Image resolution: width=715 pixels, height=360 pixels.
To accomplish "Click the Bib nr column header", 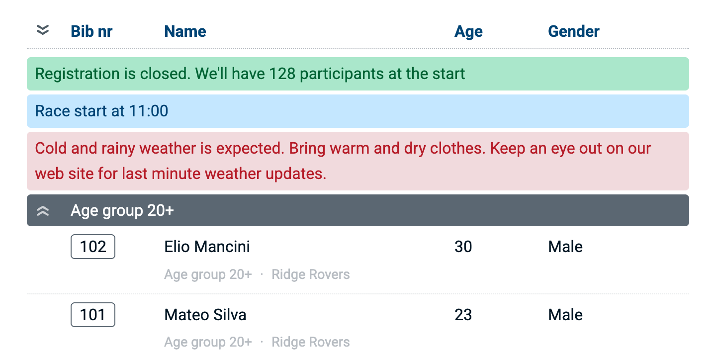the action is click(x=91, y=31).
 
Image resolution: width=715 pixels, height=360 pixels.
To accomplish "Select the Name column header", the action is click(x=185, y=31).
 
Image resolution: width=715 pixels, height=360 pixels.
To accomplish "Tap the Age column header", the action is click(x=468, y=32).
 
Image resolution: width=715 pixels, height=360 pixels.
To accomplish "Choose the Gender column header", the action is click(x=574, y=31).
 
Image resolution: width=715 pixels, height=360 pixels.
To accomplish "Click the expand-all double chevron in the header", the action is click(x=42, y=30).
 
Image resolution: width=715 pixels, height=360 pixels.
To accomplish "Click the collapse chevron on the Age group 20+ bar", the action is click(x=42, y=211).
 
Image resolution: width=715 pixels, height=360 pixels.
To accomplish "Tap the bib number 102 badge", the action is click(x=93, y=247).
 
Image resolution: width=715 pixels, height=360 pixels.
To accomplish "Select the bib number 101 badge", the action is click(x=93, y=315).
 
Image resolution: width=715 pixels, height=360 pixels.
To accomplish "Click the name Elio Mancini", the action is click(x=207, y=247).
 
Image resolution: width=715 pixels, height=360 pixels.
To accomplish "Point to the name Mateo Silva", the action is click(x=205, y=315).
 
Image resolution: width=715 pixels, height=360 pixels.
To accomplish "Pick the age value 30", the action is click(x=463, y=247).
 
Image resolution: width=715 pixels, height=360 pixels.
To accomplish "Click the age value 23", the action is click(x=463, y=315).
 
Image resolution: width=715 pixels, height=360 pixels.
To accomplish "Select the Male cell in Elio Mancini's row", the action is click(x=565, y=247).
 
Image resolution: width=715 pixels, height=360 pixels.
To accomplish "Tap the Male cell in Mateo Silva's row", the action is click(x=565, y=315).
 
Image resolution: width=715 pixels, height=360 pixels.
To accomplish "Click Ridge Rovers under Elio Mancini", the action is click(x=311, y=274).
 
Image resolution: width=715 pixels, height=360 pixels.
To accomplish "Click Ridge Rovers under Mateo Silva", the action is click(x=311, y=342).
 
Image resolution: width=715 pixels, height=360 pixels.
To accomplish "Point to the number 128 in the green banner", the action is click(x=282, y=74).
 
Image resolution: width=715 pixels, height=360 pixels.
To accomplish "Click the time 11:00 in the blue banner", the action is click(x=149, y=111).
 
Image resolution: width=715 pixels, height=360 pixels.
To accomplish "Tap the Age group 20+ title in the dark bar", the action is click(x=122, y=211).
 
